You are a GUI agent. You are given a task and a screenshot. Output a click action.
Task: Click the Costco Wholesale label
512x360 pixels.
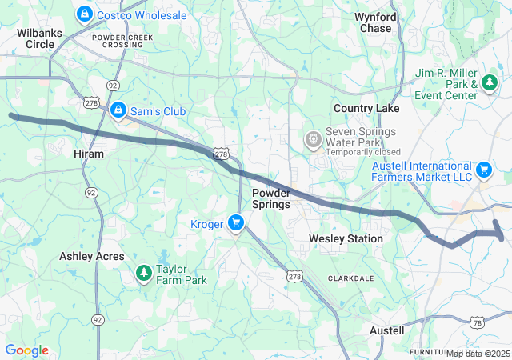point(141,15)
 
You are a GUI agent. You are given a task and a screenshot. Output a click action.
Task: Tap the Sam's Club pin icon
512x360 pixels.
point(118,110)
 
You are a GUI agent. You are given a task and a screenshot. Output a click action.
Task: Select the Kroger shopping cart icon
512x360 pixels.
point(236,223)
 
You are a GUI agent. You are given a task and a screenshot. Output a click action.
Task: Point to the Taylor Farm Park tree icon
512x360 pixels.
point(144,274)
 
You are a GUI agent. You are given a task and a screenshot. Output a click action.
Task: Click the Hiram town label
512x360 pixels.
point(88,153)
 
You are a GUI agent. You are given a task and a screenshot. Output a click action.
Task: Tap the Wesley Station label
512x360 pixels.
point(346,238)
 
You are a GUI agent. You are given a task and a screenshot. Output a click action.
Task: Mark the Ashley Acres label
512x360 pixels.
point(92,256)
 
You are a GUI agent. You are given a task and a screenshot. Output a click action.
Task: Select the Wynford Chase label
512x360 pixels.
point(375,22)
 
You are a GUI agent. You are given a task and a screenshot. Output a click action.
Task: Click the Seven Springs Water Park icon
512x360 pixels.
point(313,140)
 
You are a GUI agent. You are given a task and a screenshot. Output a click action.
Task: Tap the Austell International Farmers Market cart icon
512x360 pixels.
point(483,170)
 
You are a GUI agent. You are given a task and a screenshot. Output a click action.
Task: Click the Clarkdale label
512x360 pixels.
point(350,278)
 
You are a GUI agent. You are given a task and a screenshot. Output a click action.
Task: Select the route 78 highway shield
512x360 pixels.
point(478,322)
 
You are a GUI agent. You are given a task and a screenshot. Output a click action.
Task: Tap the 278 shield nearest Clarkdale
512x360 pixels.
point(296,277)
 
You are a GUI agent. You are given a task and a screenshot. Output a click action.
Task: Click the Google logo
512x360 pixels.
point(26,350)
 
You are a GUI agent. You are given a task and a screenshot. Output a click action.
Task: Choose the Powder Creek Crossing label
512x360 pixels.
point(118,41)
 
